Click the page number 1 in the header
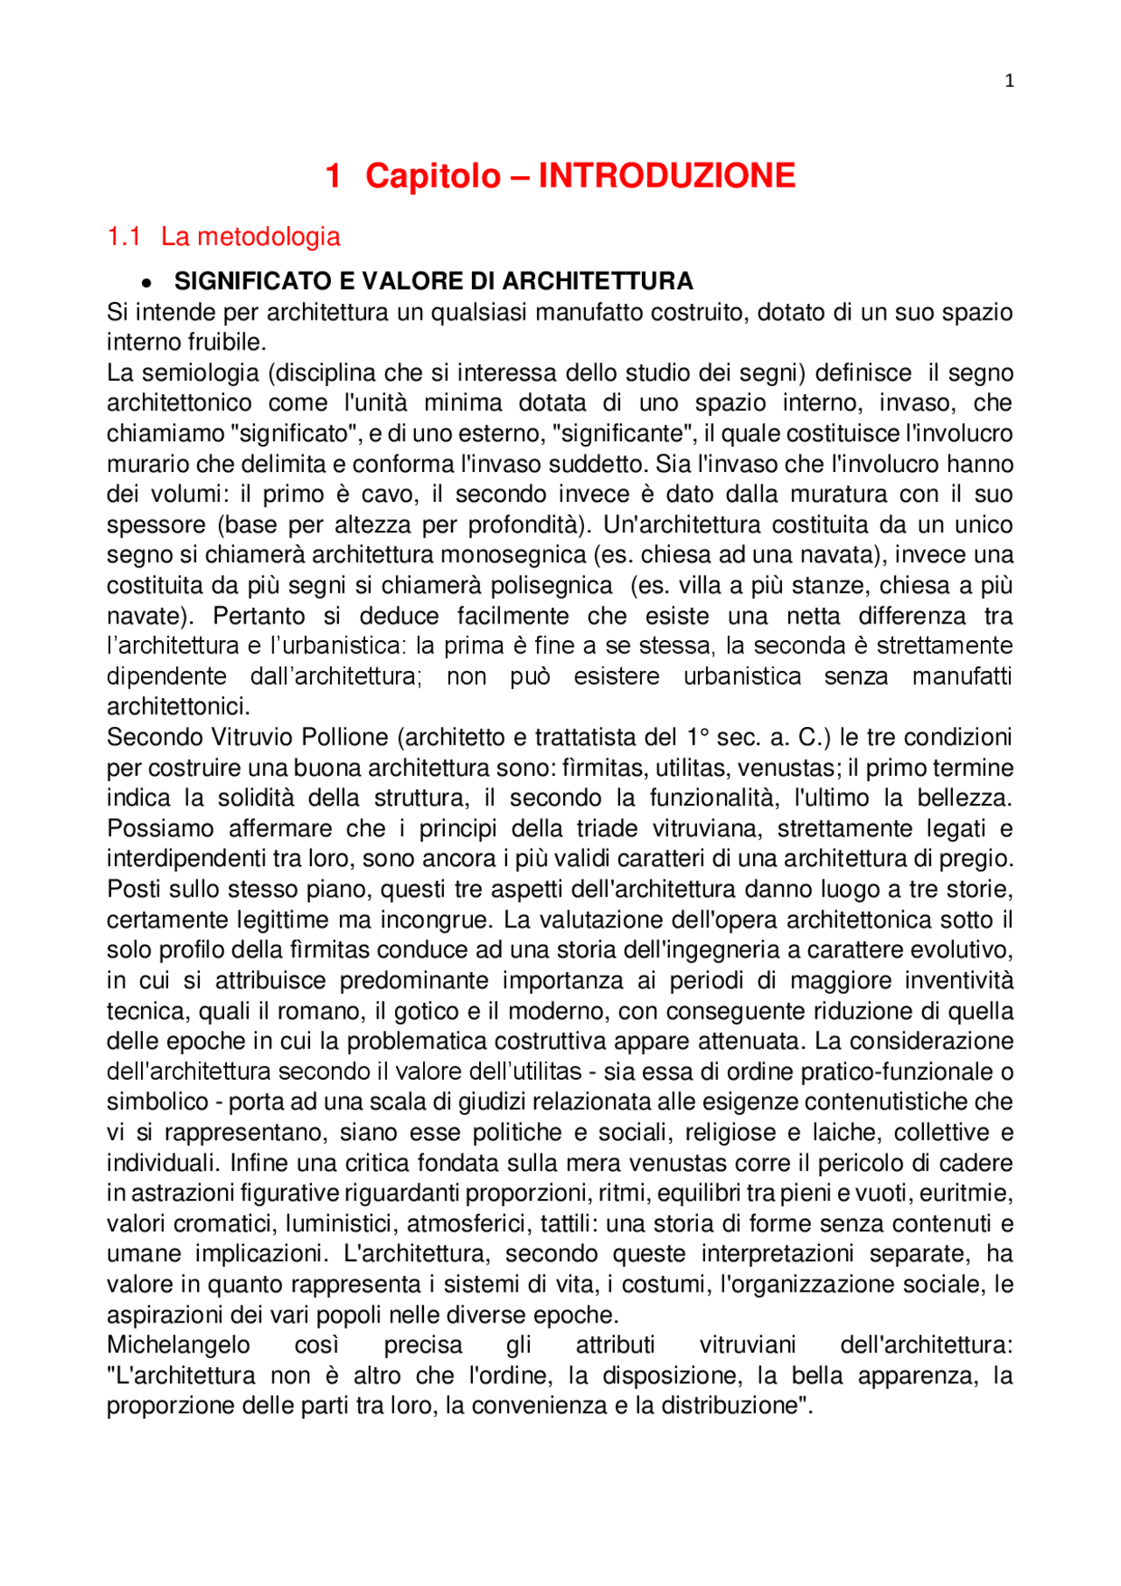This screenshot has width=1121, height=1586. (x=1009, y=81)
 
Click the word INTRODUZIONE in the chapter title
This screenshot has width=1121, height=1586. (x=666, y=176)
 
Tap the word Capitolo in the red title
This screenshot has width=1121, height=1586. (x=433, y=176)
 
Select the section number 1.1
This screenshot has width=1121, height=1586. (x=123, y=236)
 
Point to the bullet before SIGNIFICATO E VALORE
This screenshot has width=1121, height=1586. (x=148, y=283)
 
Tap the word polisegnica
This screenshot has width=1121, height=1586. (x=551, y=586)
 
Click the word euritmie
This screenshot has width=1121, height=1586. (x=971, y=1193)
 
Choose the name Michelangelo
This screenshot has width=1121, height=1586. (x=178, y=1345)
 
